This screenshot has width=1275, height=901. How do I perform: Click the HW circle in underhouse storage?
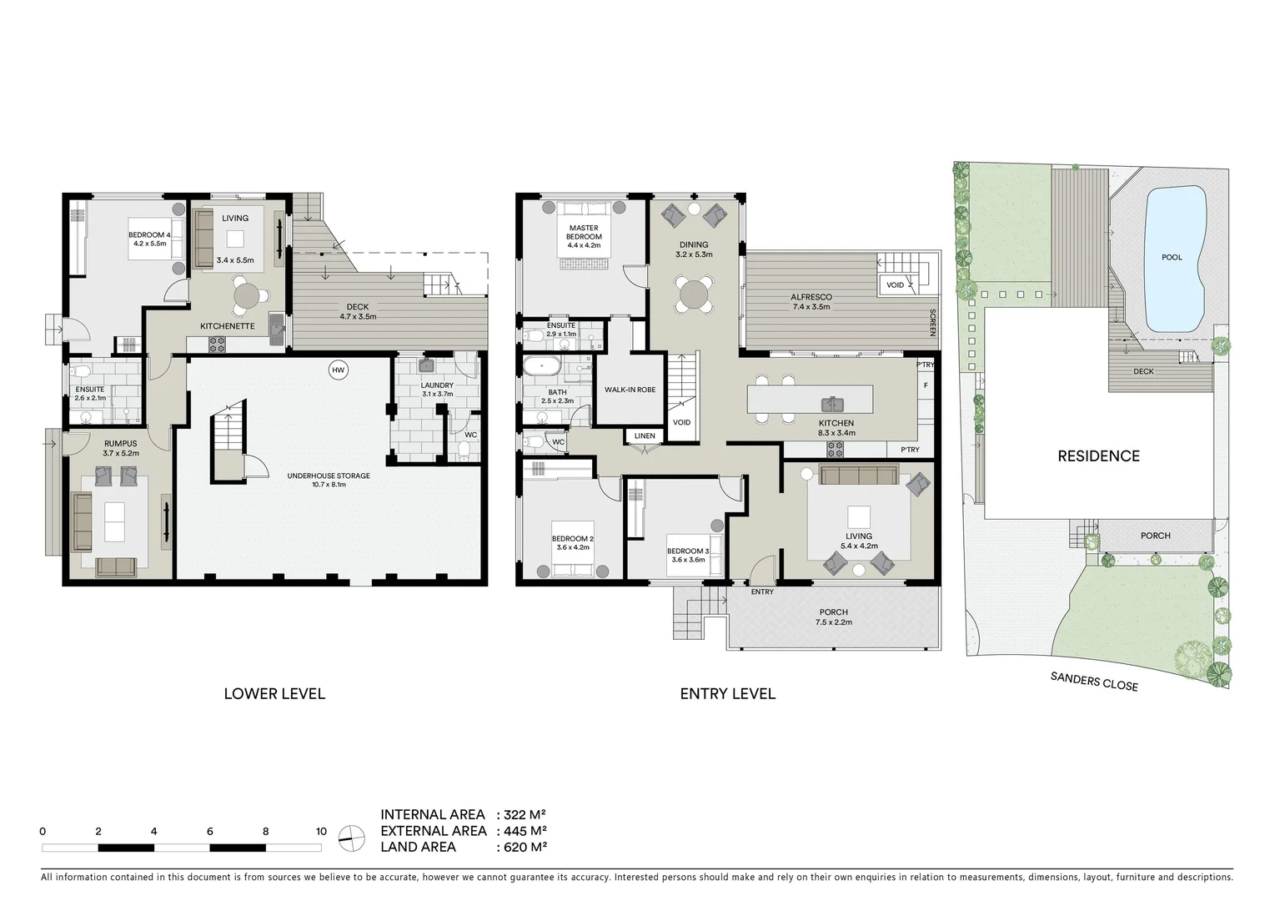click(x=338, y=370)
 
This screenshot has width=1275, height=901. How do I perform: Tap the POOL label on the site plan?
click(x=1172, y=257)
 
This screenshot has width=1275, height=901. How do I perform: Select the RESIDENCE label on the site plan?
click(x=1098, y=456)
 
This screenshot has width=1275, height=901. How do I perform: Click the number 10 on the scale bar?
click(x=321, y=831)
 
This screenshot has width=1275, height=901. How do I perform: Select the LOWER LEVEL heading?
click(x=274, y=693)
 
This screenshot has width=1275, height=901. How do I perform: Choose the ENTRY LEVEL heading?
click(x=727, y=693)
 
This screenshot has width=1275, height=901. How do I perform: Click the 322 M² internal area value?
click(x=525, y=814)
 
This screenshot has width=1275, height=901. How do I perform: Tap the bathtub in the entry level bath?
click(x=543, y=365)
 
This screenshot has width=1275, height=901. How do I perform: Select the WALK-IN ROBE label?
click(x=630, y=390)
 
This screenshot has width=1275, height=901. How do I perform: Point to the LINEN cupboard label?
click(x=645, y=435)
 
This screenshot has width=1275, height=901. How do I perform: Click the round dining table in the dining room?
click(x=694, y=294)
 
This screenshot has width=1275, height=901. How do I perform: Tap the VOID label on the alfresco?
click(x=895, y=285)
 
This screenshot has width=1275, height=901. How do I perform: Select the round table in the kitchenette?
click(x=247, y=295)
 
